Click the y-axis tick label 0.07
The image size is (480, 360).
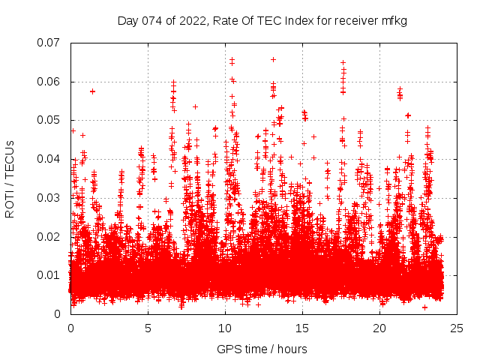click(49, 43)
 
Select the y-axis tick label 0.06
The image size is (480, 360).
click(49, 82)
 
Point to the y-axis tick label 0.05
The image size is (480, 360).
click(49, 120)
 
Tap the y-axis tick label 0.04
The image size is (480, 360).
click(49, 159)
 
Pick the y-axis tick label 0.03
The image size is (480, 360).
click(49, 198)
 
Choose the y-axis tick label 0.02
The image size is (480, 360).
click(49, 236)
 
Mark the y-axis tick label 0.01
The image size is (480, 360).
click(49, 275)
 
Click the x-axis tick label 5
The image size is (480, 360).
click(148, 328)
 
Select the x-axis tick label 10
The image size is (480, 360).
click(225, 328)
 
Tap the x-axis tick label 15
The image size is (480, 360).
click(302, 328)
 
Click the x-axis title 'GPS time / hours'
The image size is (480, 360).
click(262, 349)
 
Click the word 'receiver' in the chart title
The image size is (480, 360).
click(353, 21)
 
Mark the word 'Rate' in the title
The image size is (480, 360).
click(226, 21)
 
